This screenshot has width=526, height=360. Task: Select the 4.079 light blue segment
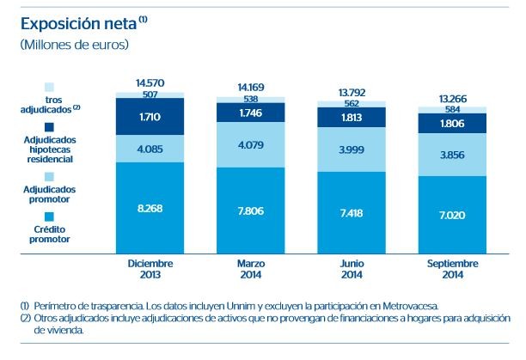tap(251, 144)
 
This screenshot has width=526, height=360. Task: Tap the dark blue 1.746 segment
tap(251, 113)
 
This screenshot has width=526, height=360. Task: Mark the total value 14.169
tap(251, 86)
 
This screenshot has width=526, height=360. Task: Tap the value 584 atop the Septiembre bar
tap(453, 108)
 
